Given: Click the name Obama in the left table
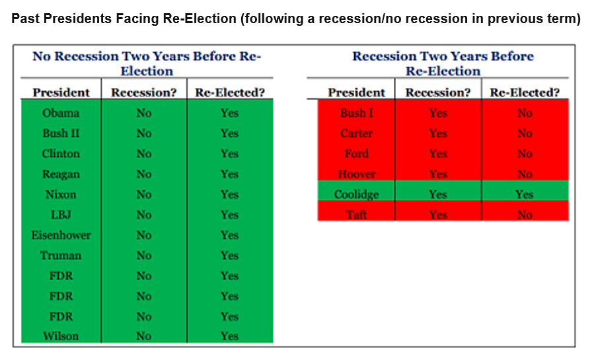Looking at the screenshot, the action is [x=61, y=113].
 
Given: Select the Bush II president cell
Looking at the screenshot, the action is [x=61, y=133].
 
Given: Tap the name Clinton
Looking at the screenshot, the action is [x=61, y=154].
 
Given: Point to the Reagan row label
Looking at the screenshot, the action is [x=61, y=174].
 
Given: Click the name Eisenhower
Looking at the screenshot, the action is [x=61, y=235].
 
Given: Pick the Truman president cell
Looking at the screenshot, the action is [x=61, y=256].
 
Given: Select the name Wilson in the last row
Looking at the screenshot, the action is [x=61, y=336].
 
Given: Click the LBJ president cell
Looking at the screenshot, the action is [x=61, y=215].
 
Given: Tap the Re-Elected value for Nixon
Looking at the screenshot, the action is [x=229, y=194].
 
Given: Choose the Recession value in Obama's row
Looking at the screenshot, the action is [x=144, y=113].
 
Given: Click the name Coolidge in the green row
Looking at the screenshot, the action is [x=357, y=195].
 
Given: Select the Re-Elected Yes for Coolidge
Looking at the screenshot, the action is [x=525, y=195].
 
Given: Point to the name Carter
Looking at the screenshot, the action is [x=357, y=133].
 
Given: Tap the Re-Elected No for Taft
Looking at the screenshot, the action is [x=525, y=215].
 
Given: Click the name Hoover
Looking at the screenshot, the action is [x=357, y=174].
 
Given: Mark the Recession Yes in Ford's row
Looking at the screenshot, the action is [x=438, y=154].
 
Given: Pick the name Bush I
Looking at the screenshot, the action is [x=357, y=113].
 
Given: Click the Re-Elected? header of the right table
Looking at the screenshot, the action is [x=525, y=92].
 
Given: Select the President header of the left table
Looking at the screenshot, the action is [x=61, y=92].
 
